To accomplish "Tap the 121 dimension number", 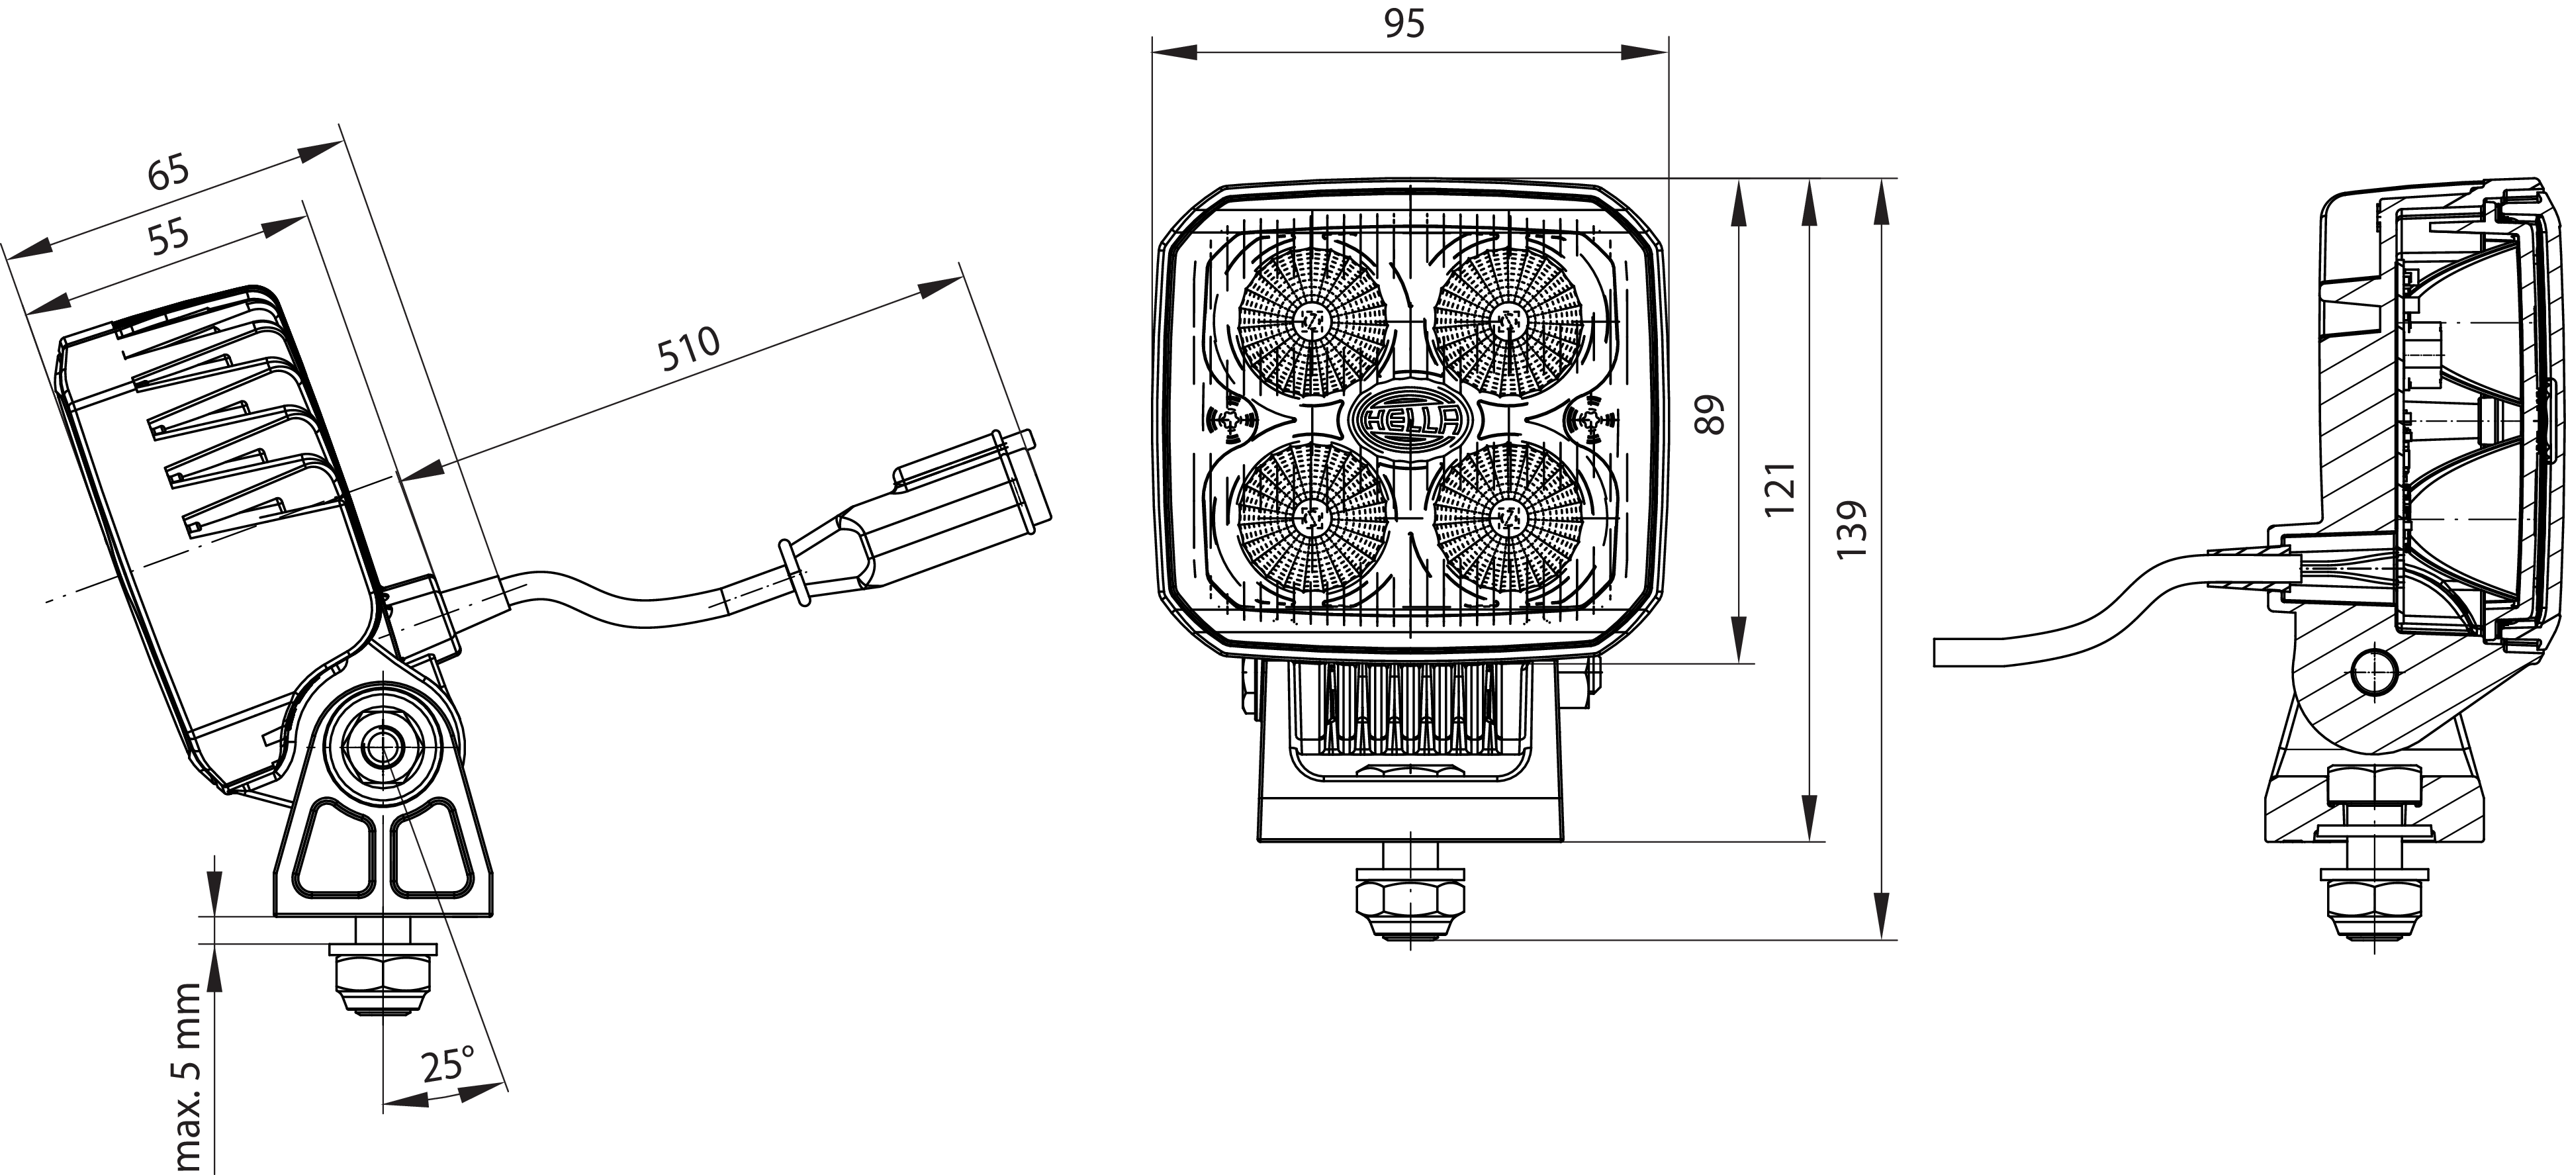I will (1780, 489).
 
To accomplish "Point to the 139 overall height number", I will (1851, 528).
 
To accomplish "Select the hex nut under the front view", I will (1410, 901).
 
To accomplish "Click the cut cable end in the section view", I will (1937, 653).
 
